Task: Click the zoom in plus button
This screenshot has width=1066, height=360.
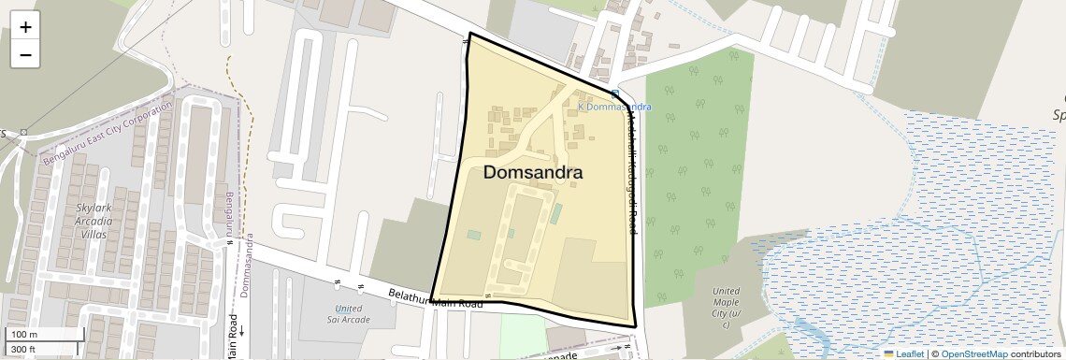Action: (x=25, y=27)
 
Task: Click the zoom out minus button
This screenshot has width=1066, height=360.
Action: (x=25, y=55)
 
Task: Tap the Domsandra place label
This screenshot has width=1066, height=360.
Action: (x=533, y=173)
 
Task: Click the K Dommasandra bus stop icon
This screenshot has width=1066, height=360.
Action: (x=614, y=94)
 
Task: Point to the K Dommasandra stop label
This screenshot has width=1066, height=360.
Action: (x=614, y=107)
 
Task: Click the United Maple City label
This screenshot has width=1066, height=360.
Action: (x=726, y=301)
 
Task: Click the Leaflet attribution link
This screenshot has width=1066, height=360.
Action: (x=909, y=354)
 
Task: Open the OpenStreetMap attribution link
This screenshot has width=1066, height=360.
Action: (x=973, y=354)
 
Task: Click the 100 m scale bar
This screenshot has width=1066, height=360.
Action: (x=45, y=335)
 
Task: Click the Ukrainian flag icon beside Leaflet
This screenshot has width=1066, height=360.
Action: (x=888, y=354)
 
